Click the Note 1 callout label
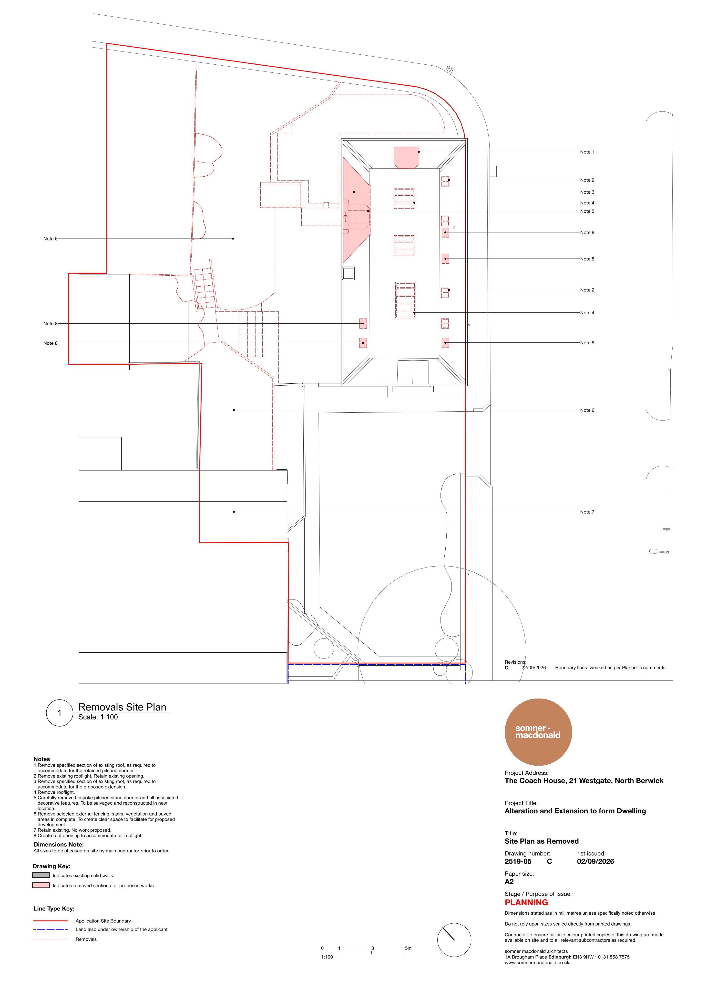pos(587,152)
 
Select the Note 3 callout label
pos(587,192)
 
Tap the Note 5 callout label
pos(587,211)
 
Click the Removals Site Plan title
pos(122,708)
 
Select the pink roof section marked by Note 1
pos(407,157)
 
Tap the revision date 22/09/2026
pos(534,668)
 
